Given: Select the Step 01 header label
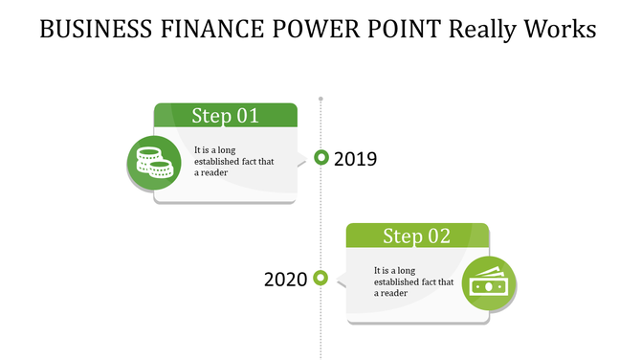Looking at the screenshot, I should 225,116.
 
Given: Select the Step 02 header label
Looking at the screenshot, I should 416,236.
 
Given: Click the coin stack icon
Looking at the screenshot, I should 153,163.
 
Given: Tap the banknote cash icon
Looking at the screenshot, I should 489,284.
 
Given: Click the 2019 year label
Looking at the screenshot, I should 355,159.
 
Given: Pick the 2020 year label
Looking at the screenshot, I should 285,280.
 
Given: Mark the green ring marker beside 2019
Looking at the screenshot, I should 321,157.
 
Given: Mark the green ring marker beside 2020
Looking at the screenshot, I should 321,278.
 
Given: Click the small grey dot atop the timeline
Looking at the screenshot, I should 320,98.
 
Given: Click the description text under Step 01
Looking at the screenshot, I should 233,161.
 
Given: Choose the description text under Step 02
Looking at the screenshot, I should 413,281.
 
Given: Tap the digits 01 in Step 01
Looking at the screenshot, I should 247,116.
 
